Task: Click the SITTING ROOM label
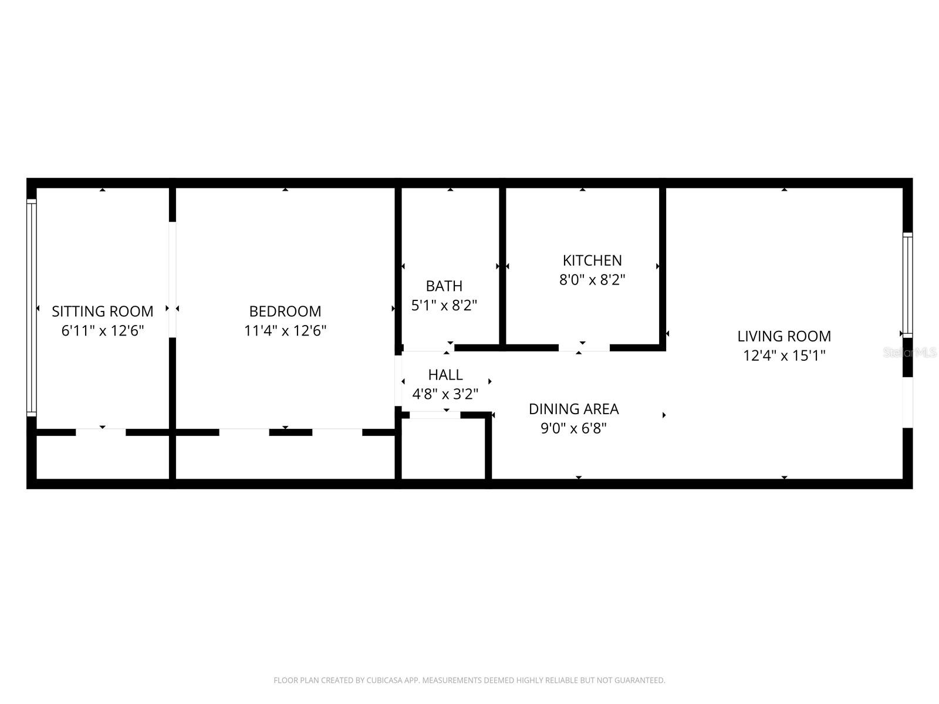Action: (x=102, y=311)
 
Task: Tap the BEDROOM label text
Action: (x=285, y=311)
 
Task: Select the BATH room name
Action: (x=444, y=286)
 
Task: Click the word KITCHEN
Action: (x=592, y=260)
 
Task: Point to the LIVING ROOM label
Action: (x=783, y=336)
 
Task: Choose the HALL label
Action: (x=445, y=374)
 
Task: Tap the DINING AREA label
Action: (x=573, y=409)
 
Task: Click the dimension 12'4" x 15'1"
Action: (x=783, y=356)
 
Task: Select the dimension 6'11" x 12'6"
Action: (x=102, y=330)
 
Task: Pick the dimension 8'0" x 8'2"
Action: (x=592, y=280)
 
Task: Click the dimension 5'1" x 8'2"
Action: (x=444, y=306)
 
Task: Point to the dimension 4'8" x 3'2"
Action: (x=445, y=394)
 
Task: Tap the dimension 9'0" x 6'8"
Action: (x=573, y=428)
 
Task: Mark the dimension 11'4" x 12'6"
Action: (x=285, y=330)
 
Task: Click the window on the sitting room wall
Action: (x=32, y=308)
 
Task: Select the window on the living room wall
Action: (x=907, y=285)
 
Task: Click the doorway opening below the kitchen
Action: (x=584, y=348)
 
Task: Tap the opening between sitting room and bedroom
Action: (x=173, y=279)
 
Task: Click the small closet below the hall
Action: (x=444, y=449)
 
